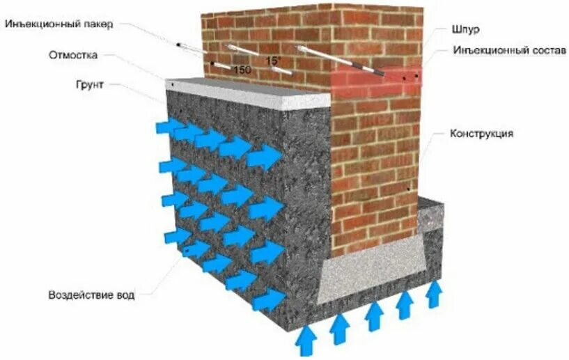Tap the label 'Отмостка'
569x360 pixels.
pos(73,54)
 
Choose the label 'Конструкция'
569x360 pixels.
pos(483,132)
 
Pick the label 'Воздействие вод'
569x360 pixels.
pos(90,294)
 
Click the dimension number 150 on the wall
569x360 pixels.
pos(242,70)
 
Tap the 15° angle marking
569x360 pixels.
pos(274,61)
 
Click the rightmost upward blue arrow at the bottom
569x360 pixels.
pos(434,294)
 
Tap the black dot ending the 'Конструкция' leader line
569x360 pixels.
pos(408,188)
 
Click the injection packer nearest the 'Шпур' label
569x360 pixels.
pos(341,60)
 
